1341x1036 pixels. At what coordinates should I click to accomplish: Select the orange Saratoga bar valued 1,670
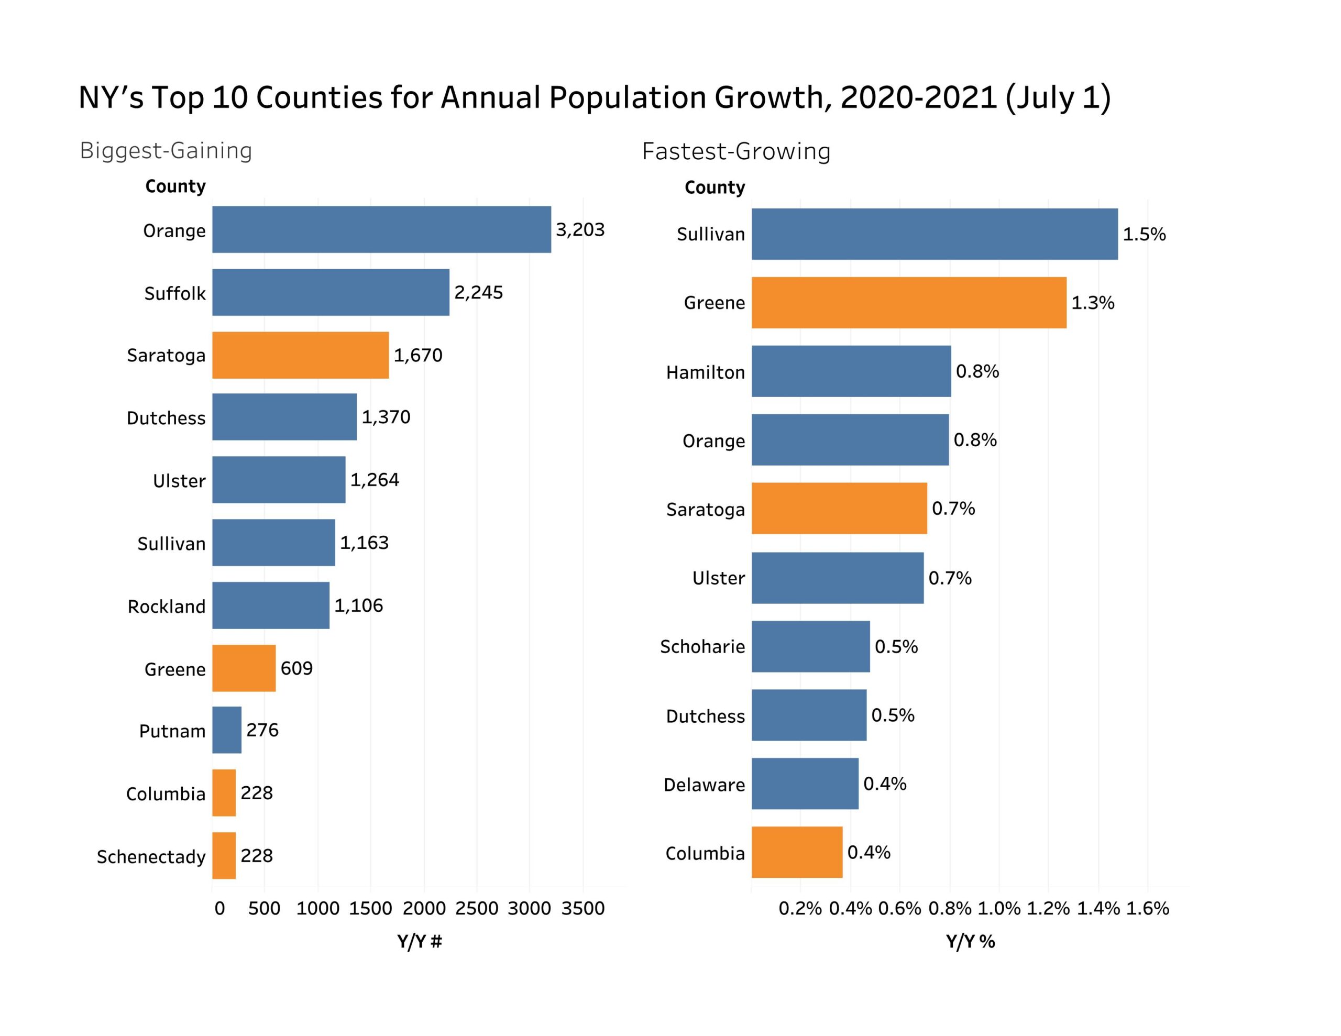300,355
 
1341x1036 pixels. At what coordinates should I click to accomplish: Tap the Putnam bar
227,730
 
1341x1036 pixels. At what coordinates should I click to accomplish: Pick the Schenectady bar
224,855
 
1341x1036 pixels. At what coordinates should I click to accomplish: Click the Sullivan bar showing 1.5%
934,234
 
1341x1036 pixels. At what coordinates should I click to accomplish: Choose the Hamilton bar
851,371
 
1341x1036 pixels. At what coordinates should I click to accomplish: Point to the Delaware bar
805,784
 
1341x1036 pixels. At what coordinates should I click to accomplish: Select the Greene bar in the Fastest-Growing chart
909,302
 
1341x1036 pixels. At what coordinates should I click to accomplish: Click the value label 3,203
580,230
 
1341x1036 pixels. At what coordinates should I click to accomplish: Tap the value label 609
296,668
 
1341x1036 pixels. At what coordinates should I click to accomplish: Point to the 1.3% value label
1092,303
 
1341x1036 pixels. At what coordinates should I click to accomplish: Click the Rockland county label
167,607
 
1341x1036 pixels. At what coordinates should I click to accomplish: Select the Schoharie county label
702,647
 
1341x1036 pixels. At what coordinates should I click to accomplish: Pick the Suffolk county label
175,293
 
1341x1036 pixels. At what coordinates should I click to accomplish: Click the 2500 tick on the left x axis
477,908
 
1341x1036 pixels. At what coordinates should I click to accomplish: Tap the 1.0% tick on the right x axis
999,908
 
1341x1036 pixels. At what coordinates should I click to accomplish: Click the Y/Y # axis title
420,941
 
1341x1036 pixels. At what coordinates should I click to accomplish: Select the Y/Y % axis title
970,941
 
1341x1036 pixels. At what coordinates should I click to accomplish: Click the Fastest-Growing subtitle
735,151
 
